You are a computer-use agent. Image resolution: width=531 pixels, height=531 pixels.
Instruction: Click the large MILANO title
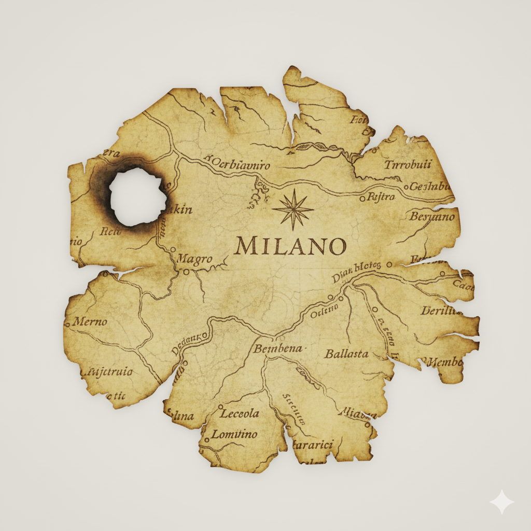point(290,246)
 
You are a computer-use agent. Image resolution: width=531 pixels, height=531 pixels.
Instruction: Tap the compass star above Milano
point(294,209)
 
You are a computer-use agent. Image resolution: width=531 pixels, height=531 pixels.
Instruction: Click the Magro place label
point(194,259)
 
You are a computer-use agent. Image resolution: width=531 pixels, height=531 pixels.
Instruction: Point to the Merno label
point(90,322)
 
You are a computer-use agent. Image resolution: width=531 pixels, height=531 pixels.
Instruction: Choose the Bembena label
point(277,349)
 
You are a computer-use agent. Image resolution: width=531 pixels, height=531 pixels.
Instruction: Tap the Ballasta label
point(346,354)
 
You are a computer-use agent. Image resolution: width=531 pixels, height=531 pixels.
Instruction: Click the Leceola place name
point(240,414)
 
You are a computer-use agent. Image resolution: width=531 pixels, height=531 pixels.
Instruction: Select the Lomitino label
point(234,435)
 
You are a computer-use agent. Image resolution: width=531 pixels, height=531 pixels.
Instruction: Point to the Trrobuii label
point(408,165)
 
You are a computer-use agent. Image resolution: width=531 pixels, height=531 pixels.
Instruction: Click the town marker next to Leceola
point(220,407)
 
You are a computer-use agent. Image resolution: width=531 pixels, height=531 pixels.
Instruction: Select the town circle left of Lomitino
point(206,440)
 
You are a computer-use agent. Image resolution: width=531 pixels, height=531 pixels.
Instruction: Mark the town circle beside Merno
point(67,325)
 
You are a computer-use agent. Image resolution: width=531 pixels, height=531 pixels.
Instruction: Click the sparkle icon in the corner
point(501,502)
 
